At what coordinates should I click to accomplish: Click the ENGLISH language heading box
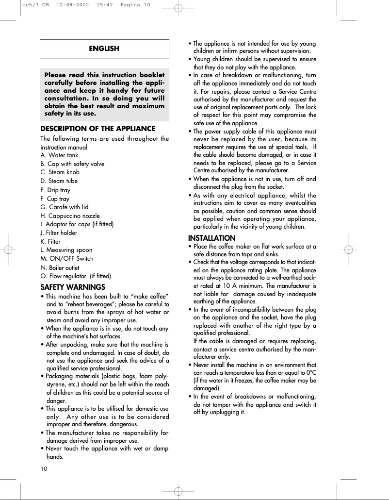(104, 49)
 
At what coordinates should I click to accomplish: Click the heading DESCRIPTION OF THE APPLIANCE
(98, 129)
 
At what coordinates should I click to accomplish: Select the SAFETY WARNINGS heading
(73, 287)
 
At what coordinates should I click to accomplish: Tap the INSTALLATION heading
(212, 238)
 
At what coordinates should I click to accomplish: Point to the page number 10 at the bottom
(44, 468)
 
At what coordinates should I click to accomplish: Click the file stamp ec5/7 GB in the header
(35, 5)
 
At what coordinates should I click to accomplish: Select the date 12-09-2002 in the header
(73, 5)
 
